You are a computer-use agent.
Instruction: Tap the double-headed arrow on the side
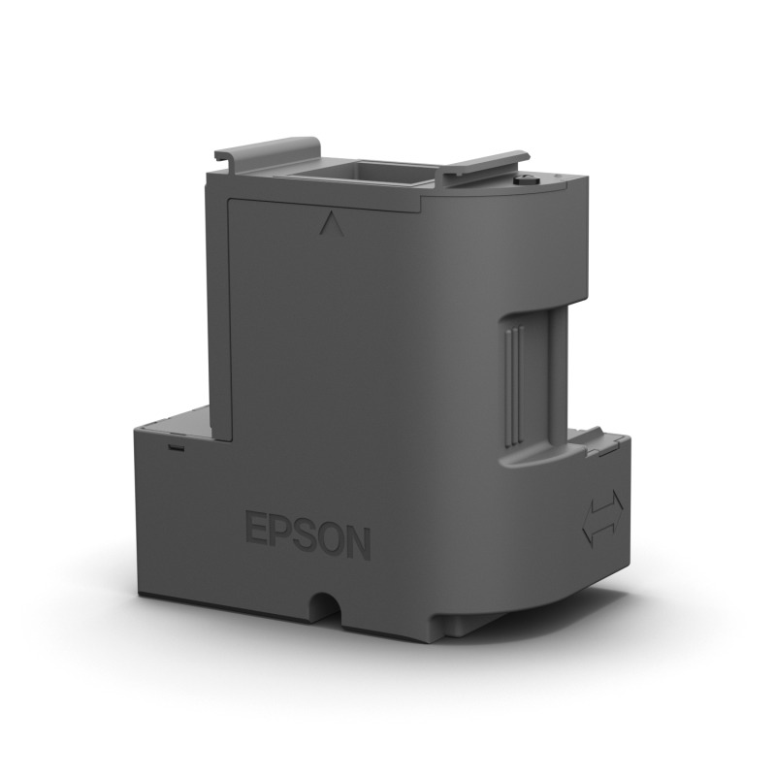point(602,522)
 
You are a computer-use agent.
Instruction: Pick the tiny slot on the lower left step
point(176,448)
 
